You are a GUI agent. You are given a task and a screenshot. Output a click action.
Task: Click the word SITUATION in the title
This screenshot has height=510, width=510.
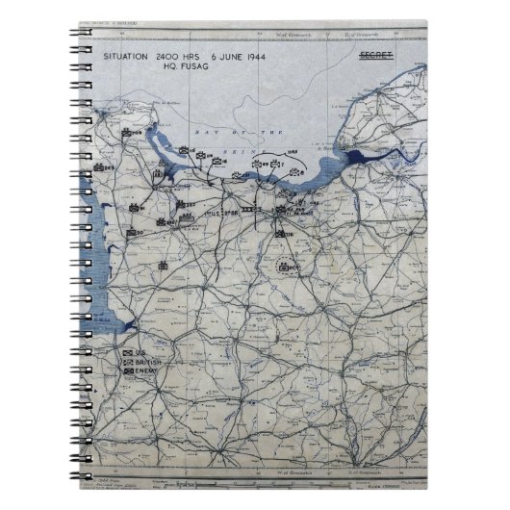coord(126,58)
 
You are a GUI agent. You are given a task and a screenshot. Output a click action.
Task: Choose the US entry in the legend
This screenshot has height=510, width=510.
coord(140,355)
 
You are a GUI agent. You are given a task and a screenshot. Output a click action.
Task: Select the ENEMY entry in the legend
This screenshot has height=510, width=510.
coord(146,372)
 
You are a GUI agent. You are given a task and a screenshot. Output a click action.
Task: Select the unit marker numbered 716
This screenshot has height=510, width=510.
coord(280,232)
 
